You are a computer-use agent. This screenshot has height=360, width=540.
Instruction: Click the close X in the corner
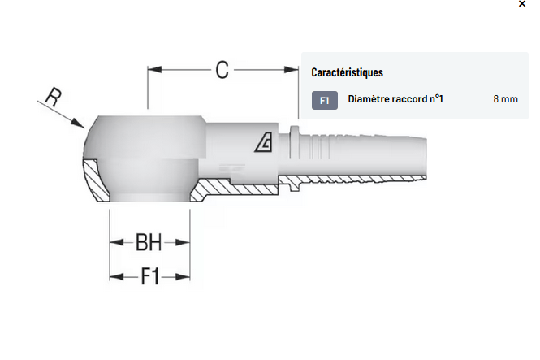(522, 4)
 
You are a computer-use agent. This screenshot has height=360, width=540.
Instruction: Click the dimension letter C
(222, 70)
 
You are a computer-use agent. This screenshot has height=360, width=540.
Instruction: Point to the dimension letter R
(54, 97)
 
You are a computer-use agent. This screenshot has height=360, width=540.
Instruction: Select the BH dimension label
(149, 242)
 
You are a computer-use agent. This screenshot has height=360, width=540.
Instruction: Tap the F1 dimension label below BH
(150, 276)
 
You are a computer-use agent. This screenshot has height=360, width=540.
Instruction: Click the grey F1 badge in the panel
(325, 100)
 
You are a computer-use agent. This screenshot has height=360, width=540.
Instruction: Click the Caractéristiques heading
(348, 72)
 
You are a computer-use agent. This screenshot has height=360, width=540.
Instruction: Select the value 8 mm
(505, 99)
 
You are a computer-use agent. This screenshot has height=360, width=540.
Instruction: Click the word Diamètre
(369, 99)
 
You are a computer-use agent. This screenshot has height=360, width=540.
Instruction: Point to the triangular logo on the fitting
(264, 142)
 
